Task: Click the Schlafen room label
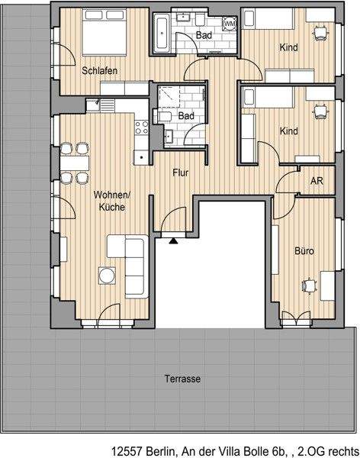(x=100, y=71)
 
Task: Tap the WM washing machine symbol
(x=230, y=23)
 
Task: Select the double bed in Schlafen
(x=104, y=32)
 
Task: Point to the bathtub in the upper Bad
(x=162, y=34)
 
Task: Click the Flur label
(x=181, y=173)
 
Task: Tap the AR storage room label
(x=317, y=181)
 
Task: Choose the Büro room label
(x=304, y=251)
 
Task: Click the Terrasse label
(x=182, y=379)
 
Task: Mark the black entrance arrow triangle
(x=173, y=240)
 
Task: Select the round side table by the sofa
(x=107, y=276)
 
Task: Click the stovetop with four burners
(x=142, y=127)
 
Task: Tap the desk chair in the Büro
(x=310, y=285)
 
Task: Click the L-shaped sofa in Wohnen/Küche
(x=134, y=266)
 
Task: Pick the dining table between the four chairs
(x=74, y=163)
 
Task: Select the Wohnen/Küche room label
(x=112, y=201)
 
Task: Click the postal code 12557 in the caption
(x=127, y=451)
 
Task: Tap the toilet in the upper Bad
(x=201, y=19)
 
